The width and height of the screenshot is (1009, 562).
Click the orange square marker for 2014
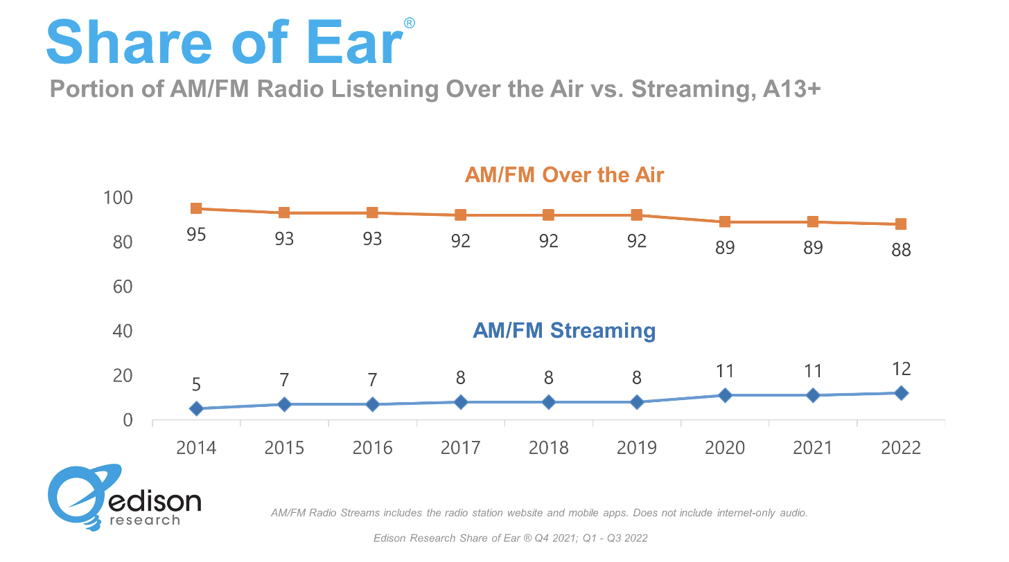(x=196, y=208)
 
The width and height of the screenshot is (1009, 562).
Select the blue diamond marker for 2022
(x=901, y=393)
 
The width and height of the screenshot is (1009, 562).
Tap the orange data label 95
(x=196, y=235)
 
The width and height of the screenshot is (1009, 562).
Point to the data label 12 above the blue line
(x=901, y=369)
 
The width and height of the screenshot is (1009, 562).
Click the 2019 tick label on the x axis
(x=636, y=448)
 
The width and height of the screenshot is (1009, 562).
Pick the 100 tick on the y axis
(x=117, y=198)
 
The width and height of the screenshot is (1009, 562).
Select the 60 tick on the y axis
(x=122, y=287)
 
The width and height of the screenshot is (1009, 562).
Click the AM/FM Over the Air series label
(x=564, y=174)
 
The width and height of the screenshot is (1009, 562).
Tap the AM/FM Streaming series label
(x=564, y=330)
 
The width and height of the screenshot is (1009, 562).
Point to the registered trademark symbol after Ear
(x=409, y=24)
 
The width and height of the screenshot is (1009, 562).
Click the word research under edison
(x=145, y=519)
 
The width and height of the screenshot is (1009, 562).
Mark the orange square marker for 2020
(x=725, y=221)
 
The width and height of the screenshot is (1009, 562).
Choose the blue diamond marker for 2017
(x=460, y=402)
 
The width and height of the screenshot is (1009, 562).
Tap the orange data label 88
(x=901, y=250)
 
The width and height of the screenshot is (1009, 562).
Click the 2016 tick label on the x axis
(x=372, y=448)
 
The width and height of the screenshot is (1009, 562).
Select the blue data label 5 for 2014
(x=196, y=385)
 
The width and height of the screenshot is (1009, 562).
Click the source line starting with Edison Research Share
(x=510, y=538)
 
